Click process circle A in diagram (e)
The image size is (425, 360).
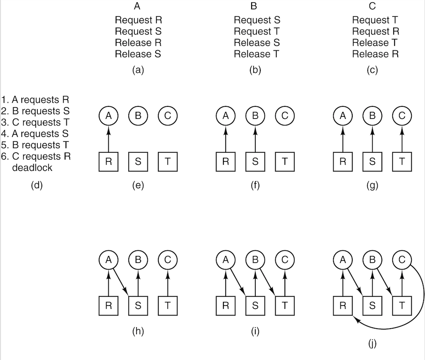pyautogui.click(x=108, y=116)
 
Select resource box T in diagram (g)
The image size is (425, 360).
pyautogui.click(x=402, y=162)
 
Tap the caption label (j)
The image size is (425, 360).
pyautogui.click(x=372, y=344)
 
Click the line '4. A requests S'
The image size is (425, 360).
pyautogui.click(x=36, y=134)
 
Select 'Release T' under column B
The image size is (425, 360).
pyautogui.click(x=257, y=54)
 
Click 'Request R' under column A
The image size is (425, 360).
pyautogui.click(x=138, y=20)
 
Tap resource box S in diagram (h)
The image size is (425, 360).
pyautogui.click(x=138, y=305)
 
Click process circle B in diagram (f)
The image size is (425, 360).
pyautogui.click(x=255, y=116)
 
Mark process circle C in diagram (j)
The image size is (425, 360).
pyautogui.click(x=402, y=260)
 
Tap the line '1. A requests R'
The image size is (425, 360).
pyautogui.click(x=35, y=100)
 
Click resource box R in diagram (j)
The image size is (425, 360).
pyautogui.click(x=343, y=305)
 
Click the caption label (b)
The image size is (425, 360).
pyautogui.click(x=255, y=70)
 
